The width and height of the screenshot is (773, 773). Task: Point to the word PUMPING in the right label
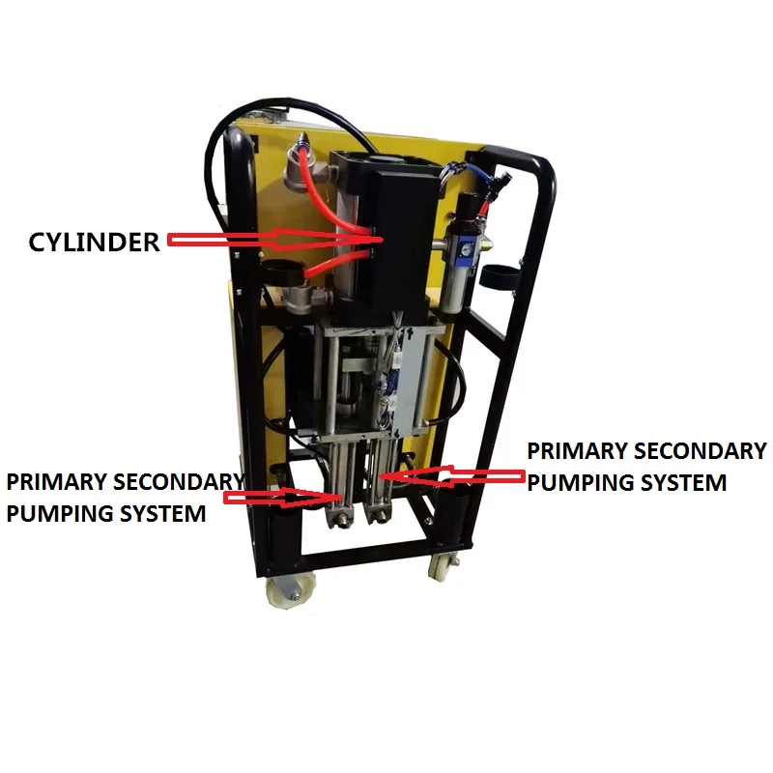[x=575, y=482]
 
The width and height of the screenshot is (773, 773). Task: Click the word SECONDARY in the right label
[x=707, y=451]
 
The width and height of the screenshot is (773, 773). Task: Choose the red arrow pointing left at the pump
[x=454, y=474]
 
